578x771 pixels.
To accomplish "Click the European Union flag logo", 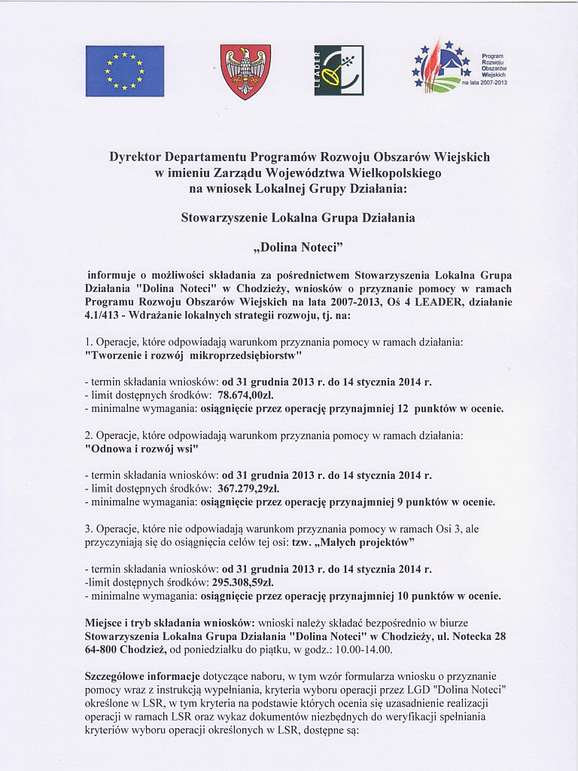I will (x=124, y=71).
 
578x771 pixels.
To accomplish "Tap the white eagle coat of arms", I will (x=245, y=72).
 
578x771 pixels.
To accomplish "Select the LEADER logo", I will (x=338, y=71).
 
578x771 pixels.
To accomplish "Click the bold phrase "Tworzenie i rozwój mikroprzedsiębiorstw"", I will (x=194, y=354).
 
